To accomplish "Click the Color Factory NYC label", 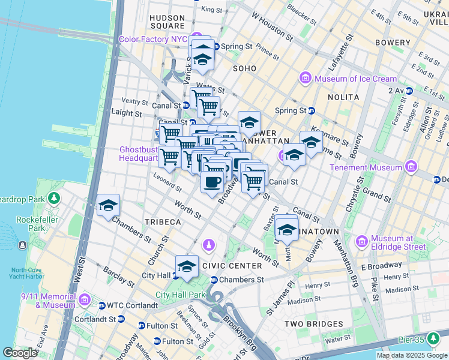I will (153, 39).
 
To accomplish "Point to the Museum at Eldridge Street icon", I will (362, 241).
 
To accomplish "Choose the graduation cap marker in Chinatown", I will (288, 230).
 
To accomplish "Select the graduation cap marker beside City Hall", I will (187, 266).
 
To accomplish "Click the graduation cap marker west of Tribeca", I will (108, 205).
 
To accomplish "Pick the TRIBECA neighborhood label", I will (163, 222).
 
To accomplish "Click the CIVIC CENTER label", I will (232, 266).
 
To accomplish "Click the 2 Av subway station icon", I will (409, 91).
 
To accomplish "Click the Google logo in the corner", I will (19, 353).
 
